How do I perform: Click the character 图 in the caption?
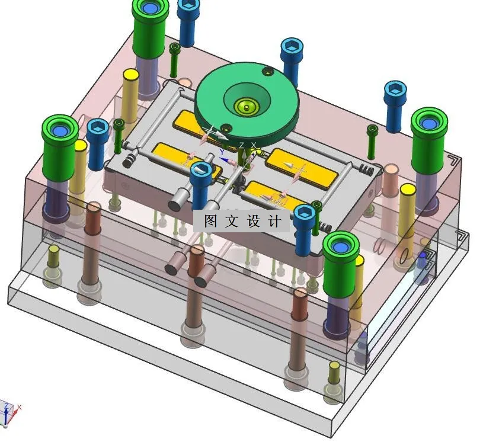210,221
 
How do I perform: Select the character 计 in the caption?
275,221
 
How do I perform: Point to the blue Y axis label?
222,152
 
